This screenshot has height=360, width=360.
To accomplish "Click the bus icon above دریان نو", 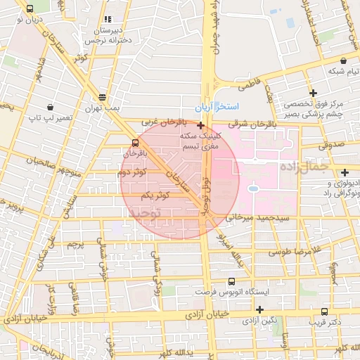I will [29, 8].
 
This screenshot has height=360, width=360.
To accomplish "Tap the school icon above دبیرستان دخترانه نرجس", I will [107, 20].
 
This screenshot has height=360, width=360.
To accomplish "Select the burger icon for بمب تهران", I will [103, 97].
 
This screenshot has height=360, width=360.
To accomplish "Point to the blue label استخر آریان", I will [237, 106].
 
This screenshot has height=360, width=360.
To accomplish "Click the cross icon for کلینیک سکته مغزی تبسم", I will [201, 124].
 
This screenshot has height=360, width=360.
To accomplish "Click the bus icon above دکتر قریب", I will [324, 311].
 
